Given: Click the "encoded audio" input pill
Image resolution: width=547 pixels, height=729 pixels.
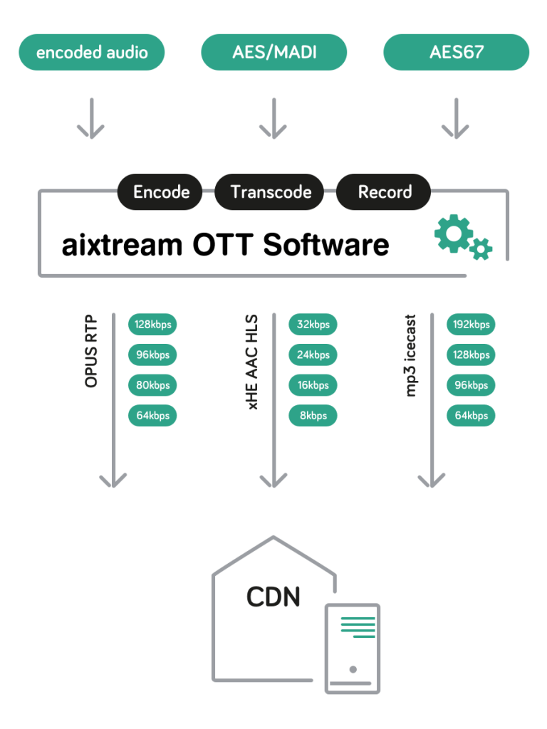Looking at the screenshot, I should point(92,53).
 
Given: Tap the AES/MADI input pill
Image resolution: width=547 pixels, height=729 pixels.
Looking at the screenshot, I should point(274,53).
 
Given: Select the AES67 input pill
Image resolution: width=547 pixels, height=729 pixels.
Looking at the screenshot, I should point(457,53).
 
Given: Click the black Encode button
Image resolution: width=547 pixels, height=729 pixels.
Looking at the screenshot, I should point(162,192).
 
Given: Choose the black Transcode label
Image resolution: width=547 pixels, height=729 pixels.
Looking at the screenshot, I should point(271,192).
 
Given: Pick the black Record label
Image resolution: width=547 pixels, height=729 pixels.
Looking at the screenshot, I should point(385,192).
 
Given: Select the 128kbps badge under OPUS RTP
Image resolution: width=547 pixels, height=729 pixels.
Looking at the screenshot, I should point(152,325).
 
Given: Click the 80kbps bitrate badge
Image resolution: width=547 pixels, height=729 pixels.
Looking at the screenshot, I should point(152,385).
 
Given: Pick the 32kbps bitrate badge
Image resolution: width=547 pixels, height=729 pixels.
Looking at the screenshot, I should point(313,325).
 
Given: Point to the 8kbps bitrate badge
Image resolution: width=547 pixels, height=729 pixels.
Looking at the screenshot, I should point(313,416).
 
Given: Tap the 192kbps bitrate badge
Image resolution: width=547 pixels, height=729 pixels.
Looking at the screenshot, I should point(472,325).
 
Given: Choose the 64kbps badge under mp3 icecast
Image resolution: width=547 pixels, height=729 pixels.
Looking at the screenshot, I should point(472,416).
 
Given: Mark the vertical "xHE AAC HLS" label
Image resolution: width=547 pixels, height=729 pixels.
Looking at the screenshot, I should point(252,362).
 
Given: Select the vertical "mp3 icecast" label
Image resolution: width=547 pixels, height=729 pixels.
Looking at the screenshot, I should point(411,356).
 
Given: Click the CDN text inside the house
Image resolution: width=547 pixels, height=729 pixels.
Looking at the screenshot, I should point(273,597).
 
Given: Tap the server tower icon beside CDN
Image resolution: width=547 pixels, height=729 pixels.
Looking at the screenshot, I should point(353,648).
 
